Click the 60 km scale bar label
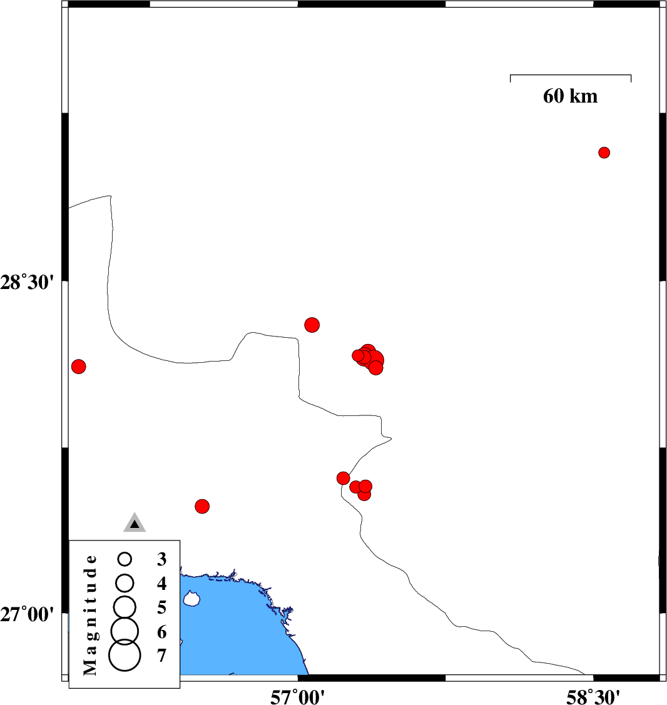pos(570,96)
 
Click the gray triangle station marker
pos(135,523)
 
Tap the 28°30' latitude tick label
pos(26,283)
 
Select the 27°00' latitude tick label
pos(26,614)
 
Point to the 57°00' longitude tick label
pos(297,697)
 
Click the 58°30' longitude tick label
pos(593,697)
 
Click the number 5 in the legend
pos(162,607)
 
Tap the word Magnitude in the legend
pos(90,615)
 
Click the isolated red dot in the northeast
pos(604,153)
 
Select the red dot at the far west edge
pos(79,367)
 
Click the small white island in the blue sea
pos(191,599)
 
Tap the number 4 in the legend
pos(162,583)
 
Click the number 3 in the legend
pos(162,559)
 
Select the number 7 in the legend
pos(162,656)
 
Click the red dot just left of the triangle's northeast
pos(202,506)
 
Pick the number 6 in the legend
pos(162,632)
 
